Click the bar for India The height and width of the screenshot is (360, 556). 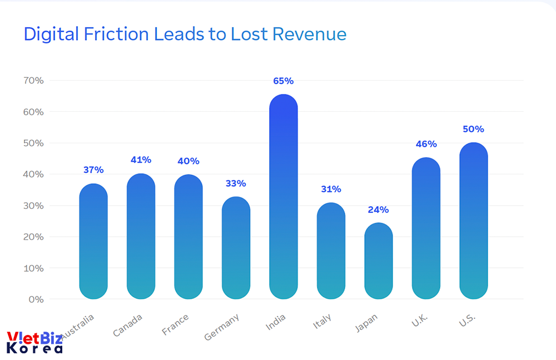point(284,197)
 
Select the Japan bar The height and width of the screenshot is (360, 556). point(379,261)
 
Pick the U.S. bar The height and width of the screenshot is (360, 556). point(474,221)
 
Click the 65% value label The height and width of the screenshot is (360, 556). point(284,81)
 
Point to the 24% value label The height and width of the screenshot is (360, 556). point(379,210)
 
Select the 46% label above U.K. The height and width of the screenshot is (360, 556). point(426,144)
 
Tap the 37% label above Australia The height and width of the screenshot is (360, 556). point(93,170)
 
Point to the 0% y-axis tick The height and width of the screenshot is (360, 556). point(36,299)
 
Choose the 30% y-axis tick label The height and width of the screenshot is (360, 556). point(34,206)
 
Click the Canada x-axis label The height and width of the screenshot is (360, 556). point(128,325)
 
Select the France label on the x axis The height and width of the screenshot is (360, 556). point(175,324)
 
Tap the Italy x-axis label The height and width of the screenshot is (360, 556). point(322,321)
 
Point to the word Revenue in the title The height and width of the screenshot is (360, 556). point(309,34)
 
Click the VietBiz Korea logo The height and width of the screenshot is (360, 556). point(34,342)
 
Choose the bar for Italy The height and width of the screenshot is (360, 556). point(331,251)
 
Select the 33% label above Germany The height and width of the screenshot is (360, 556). point(236,183)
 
